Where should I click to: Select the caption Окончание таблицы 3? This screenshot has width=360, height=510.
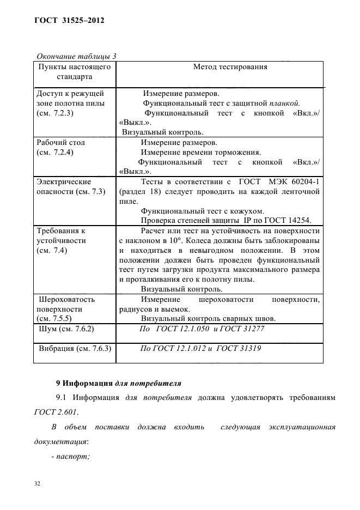tap(76, 56)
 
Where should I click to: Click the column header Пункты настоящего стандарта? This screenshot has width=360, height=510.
tap(75, 72)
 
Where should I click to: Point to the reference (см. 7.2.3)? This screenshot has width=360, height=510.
tap(54, 113)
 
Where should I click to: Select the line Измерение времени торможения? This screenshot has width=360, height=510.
tap(200, 152)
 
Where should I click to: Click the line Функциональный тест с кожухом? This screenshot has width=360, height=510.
tap(203, 211)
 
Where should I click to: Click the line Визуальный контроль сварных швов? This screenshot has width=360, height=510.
tap(216, 319)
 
